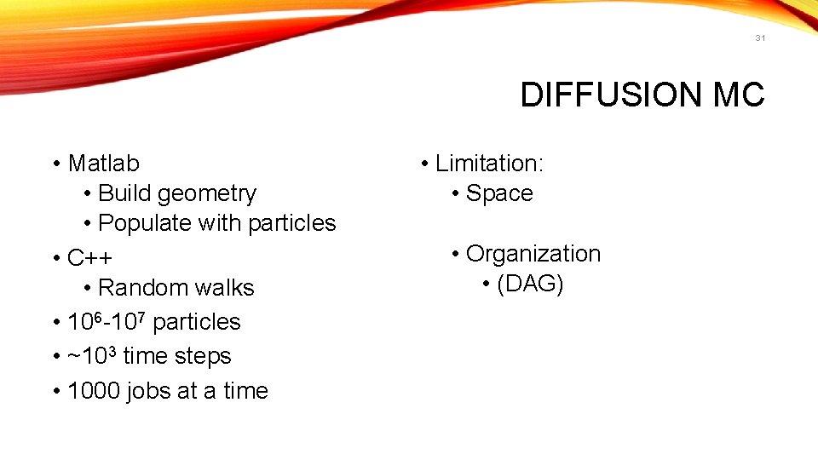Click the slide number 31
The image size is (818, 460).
(x=760, y=38)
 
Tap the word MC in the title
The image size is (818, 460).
(x=739, y=95)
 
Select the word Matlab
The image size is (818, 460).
(x=103, y=163)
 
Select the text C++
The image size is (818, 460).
(x=89, y=257)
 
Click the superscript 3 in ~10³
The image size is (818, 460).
(x=112, y=350)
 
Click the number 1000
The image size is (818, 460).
(x=94, y=391)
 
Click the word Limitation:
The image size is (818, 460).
(x=489, y=163)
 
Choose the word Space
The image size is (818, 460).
(x=499, y=193)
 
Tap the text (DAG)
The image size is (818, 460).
(x=530, y=284)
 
